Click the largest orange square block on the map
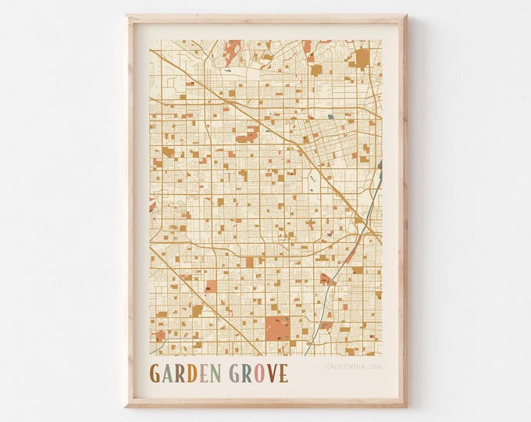coord(276,328)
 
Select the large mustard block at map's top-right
coord(362,59)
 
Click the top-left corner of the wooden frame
coord(127,15)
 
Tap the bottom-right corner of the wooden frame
coord(407,406)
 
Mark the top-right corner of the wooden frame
coord(407,15)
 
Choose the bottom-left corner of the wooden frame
coord(127,406)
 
